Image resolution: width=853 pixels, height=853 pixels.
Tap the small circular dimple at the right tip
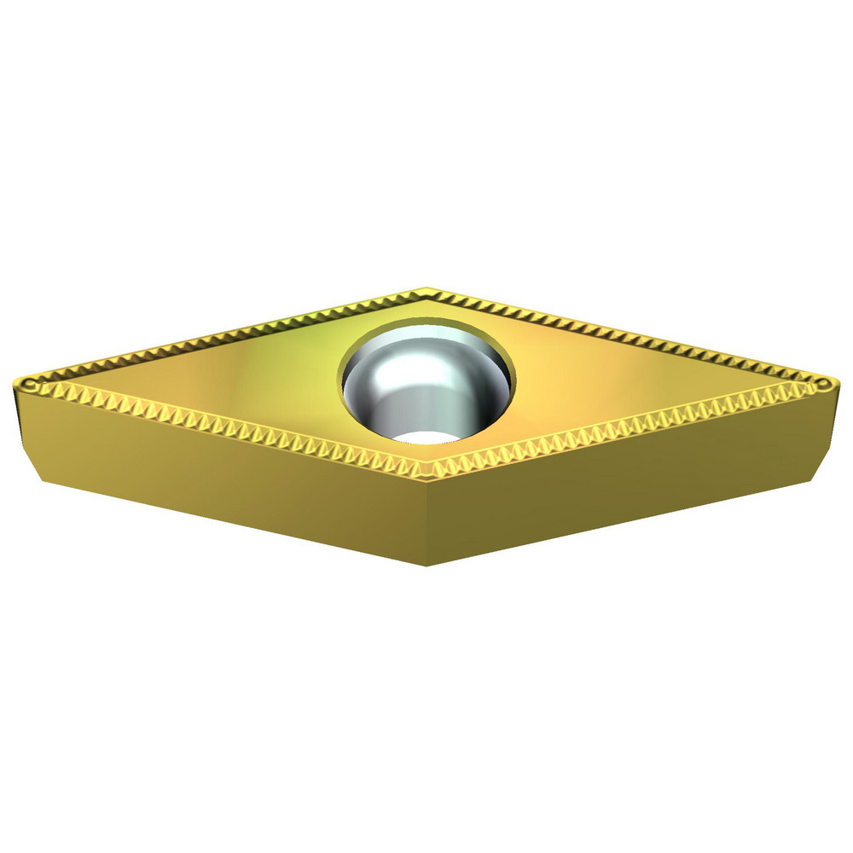click(821, 386)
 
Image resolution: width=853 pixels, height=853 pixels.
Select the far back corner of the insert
click(426, 291)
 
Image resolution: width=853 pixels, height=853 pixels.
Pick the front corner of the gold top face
click(426, 473)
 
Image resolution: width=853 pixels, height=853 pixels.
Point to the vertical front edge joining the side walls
click(426, 520)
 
